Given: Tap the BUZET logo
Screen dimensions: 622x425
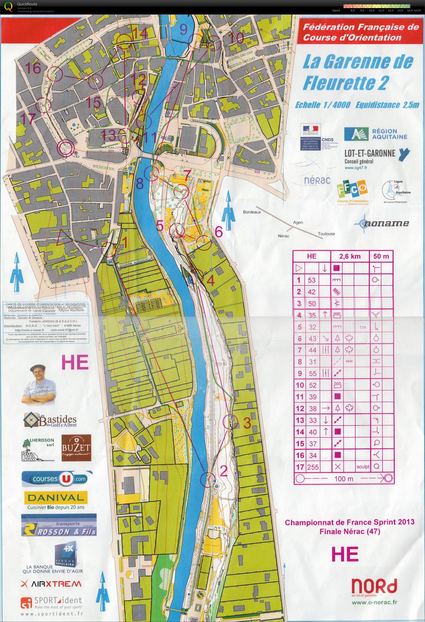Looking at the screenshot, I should (76, 448).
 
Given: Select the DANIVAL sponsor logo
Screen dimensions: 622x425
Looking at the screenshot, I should (56, 498).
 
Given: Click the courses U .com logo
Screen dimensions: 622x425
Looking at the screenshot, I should (55, 479).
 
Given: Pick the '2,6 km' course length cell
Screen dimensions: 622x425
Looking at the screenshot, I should (350, 256).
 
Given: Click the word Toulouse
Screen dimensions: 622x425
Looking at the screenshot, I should (326, 234).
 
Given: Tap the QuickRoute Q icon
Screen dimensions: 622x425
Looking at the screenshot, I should (9, 6).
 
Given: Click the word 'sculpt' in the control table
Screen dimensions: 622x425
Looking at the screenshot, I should (363, 467).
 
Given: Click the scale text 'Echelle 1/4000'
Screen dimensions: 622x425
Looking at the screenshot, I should (322, 105).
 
